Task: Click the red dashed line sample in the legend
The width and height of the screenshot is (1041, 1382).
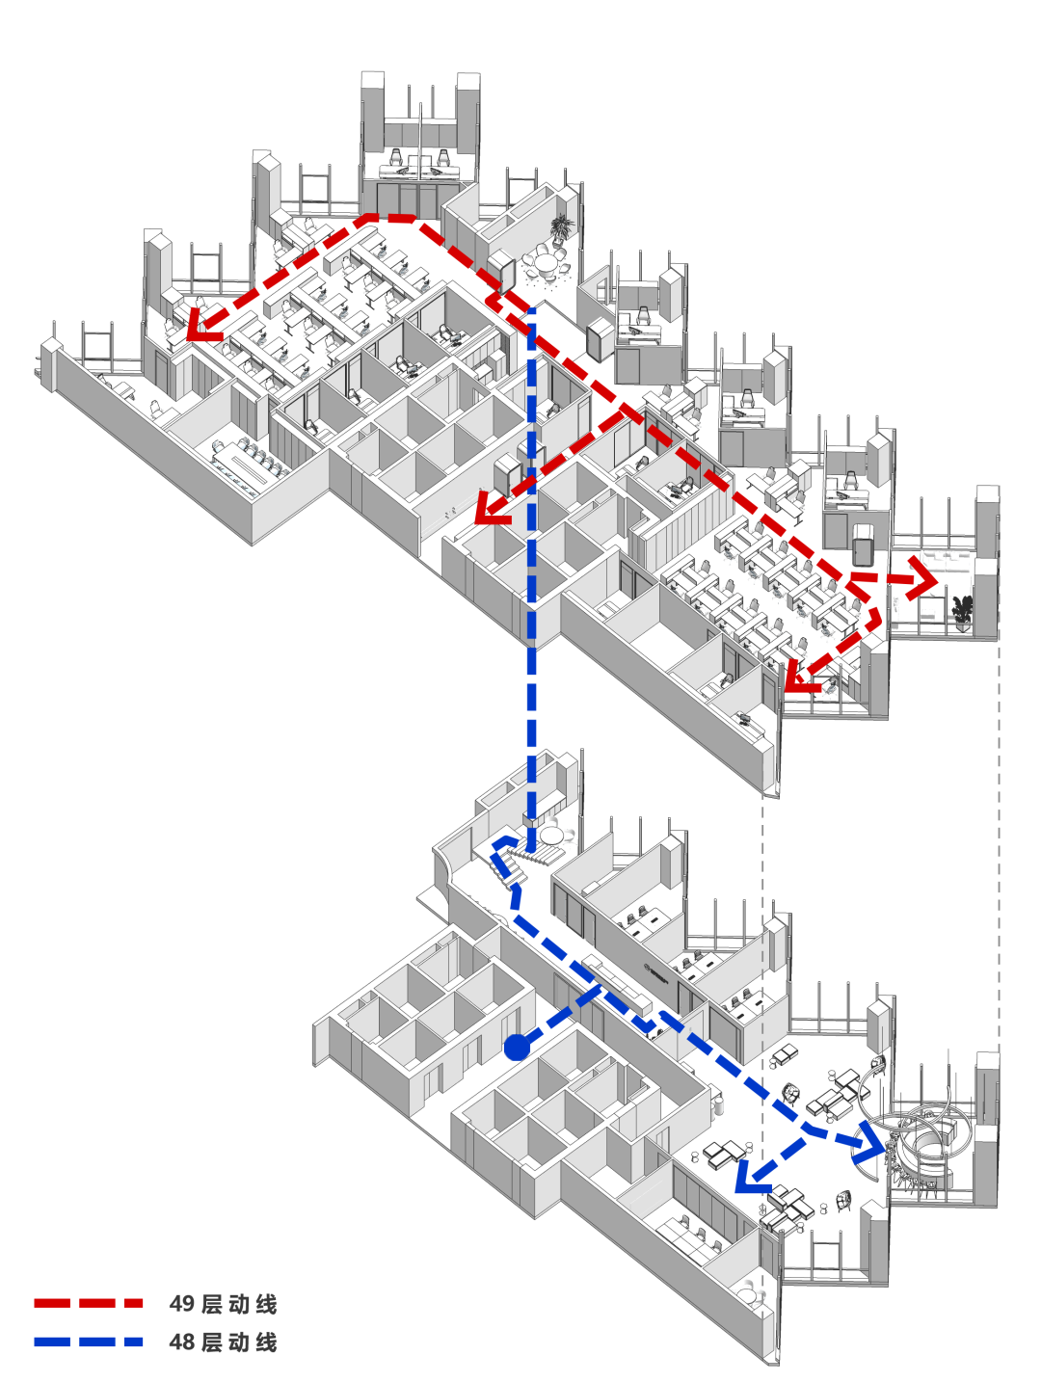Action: pos(89,1303)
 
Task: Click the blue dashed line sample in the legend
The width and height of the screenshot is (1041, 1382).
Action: pos(89,1342)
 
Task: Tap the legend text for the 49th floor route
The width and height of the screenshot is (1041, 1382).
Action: pos(223,1304)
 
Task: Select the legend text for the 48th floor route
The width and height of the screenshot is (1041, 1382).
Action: pos(223,1342)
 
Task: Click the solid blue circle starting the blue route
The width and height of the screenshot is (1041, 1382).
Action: pos(518,1047)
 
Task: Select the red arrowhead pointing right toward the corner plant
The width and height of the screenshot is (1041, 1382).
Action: pos(922,581)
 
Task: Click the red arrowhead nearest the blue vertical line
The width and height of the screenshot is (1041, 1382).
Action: pos(492,509)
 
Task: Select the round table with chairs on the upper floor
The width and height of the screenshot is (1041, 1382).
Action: pos(547,263)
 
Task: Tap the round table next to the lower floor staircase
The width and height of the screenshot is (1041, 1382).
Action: pos(552,834)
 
